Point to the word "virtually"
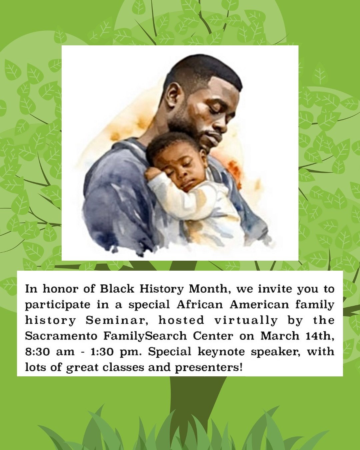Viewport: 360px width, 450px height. (246, 320)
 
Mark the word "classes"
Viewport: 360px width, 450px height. (121, 368)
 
